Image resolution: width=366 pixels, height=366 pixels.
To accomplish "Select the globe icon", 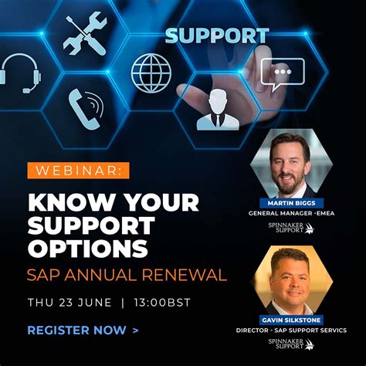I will (x=151, y=73).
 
